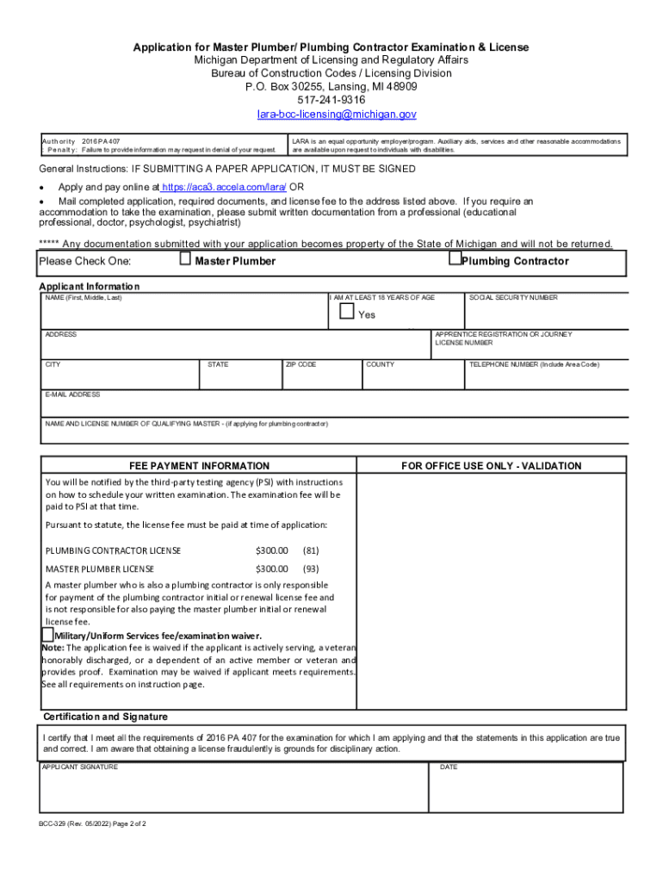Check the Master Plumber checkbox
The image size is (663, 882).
(x=185, y=258)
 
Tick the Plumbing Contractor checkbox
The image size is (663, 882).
(x=455, y=258)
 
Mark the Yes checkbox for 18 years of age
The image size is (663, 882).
(x=347, y=312)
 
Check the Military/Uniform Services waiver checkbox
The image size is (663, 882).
(x=47, y=635)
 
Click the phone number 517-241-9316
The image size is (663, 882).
(x=331, y=100)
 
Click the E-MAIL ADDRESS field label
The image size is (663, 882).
(x=72, y=394)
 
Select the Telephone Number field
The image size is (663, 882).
(x=545, y=375)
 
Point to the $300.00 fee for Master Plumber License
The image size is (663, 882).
(x=271, y=568)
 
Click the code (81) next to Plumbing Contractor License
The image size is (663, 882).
(x=311, y=550)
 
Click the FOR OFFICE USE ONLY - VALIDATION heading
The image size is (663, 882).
(x=491, y=466)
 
